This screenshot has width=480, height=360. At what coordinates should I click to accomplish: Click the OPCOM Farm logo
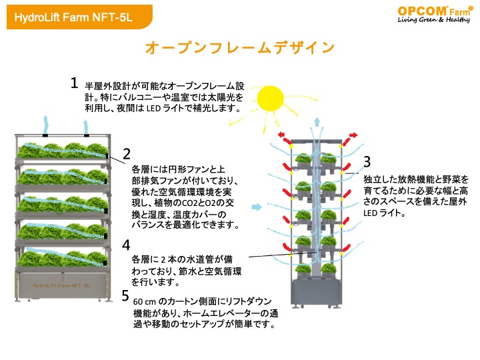click(434, 14)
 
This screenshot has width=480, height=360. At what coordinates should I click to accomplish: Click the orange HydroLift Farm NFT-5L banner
click(79, 17)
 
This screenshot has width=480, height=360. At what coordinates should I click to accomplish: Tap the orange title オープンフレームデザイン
click(240, 48)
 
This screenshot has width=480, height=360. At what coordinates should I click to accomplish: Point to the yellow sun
click(270, 99)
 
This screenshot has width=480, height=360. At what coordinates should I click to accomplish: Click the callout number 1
click(74, 83)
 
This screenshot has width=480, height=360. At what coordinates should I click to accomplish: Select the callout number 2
click(127, 154)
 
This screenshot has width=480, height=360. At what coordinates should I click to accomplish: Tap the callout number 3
click(367, 161)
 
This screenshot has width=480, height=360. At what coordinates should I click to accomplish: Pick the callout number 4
click(126, 245)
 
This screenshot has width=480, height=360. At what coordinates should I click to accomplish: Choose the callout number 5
click(125, 295)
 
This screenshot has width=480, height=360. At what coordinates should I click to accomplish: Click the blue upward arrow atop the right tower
click(317, 122)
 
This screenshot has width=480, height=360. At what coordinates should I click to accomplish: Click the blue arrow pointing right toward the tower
click(257, 207)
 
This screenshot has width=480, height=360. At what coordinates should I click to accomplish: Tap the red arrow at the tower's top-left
click(284, 138)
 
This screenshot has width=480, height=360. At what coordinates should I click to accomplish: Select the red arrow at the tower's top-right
click(350, 139)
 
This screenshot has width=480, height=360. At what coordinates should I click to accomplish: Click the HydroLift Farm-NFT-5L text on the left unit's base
click(61, 285)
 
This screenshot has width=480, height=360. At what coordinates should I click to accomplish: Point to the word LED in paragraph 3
click(370, 213)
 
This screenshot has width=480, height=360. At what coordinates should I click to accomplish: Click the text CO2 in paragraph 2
click(187, 203)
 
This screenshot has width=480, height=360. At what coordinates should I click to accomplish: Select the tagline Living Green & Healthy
click(433, 20)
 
